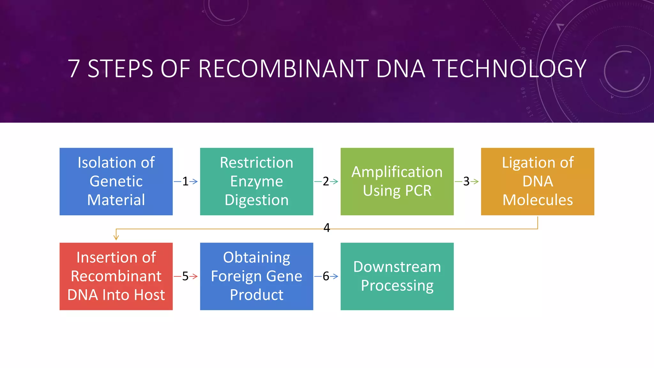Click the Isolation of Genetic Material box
[x=116, y=181]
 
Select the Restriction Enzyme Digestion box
[x=256, y=181]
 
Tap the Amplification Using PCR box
[x=397, y=181]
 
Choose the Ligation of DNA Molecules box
[x=537, y=181]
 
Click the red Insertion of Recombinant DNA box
[x=116, y=276]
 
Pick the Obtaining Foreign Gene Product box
[x=256, y=276]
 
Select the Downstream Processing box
[x=397, y=276]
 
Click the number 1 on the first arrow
[x=185, y=181]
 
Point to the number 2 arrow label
[x=326, y=181]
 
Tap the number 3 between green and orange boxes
[x=466, y=181]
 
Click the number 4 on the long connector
[x=326, y=228]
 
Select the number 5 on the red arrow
[x=185, y=276]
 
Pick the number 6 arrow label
[x=326, y=276]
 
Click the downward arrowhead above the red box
[x=116, y=237]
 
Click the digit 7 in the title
[x=74, y=69]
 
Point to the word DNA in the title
[x=400, y=69]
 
